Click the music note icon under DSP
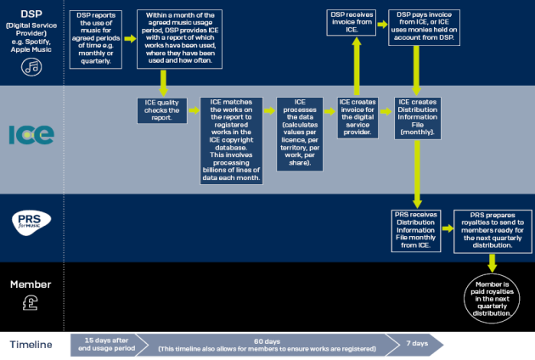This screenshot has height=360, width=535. click(32, 69)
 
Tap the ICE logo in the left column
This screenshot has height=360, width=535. click(31, 135)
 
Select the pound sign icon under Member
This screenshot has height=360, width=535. click(31, 301)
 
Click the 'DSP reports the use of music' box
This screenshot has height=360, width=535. click(96, 39)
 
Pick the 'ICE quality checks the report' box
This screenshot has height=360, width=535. click(161, 111)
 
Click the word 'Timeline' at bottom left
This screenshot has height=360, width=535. click(31, 344)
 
